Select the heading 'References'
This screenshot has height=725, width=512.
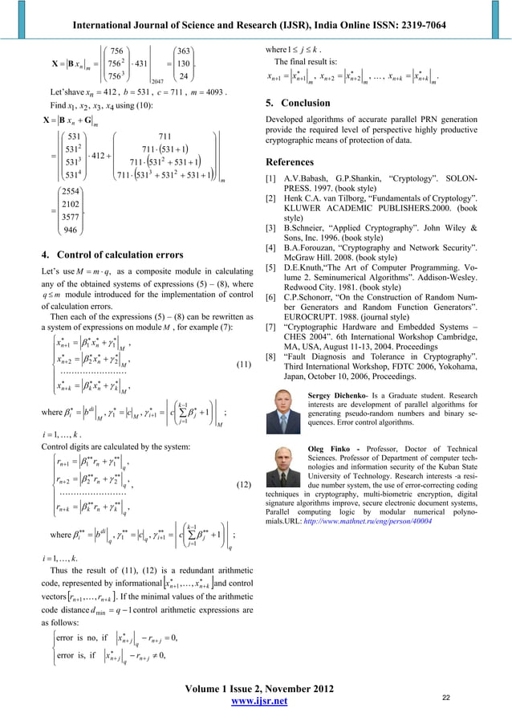292,161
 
